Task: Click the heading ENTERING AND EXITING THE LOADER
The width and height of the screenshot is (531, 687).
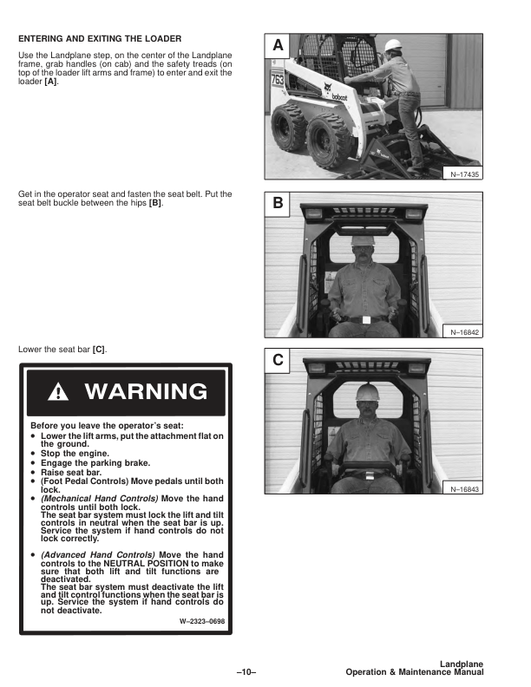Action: (x=100, y=38)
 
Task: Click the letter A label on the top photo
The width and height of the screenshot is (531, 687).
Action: (x=277, y=44)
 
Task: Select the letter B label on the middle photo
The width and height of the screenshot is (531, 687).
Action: (x=277, y=204)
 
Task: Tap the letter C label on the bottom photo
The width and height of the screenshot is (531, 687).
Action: (x=277, y=359)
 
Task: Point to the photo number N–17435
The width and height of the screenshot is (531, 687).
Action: (x=465, y=174)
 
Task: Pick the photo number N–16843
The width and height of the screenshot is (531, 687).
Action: (x=465, y=489)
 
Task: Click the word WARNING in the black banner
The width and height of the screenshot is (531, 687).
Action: (x=146, y=392)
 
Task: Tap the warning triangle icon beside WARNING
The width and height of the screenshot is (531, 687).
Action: (x=56, y=392)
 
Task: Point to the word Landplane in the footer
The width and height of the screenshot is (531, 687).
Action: (x=461, y=664)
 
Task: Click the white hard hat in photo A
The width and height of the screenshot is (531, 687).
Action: (x=392, y=44)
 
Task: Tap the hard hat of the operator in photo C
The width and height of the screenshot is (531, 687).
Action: (x=368, y=393)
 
